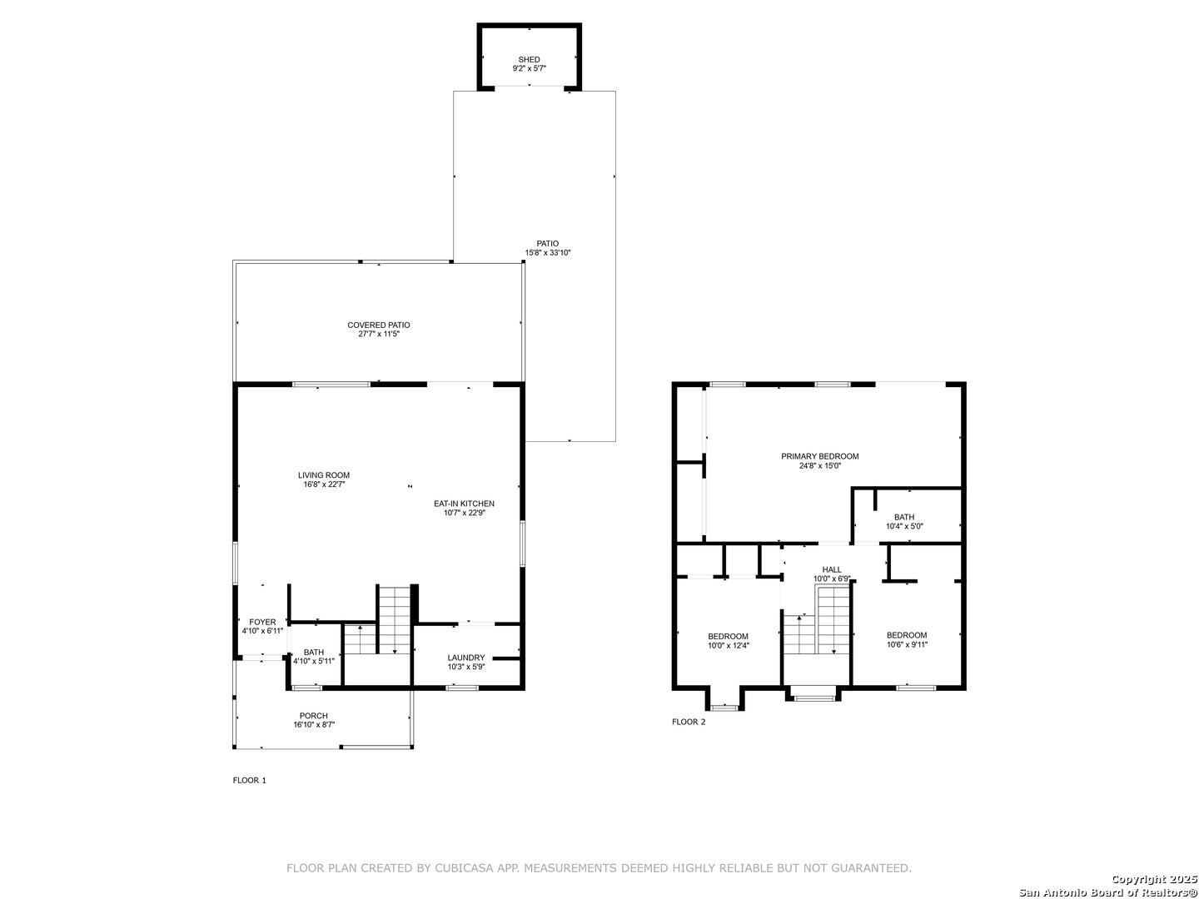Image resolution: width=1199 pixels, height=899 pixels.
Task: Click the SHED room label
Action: pyautogui.click(x=529, y=59)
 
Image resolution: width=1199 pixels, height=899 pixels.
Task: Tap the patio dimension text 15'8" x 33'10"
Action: pyautogui.click(x=547, y=253)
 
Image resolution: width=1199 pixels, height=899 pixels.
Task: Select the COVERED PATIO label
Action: pyautogui.click(x=379, y=325)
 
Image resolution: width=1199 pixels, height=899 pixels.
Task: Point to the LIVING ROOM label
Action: pyautogui.click(x=324, y=474)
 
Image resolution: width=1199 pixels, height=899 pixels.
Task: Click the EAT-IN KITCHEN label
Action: pyautogui.click(x=465, y=504)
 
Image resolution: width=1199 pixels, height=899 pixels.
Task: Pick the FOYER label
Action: pyautogui.click(x=263, y=622)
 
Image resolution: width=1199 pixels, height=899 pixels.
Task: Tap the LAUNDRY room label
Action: pyautogui.click(x=466, y=658)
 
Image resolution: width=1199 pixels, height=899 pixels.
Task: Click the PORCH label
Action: pyautogui.click(x=314, y=716)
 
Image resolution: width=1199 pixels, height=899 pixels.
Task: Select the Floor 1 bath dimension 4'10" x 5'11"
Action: pyautogui.click(x=314, y=661)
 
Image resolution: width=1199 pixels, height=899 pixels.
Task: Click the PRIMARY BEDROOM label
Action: pyautogui.click(x=819, y=456)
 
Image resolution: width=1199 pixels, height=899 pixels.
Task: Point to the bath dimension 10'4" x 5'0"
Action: pyautogui.click(x=904, y=526)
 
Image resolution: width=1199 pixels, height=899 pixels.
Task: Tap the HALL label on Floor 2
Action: pyautogui.click(x=831, y=569)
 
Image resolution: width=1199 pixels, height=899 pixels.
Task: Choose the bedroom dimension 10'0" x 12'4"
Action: pyautogui.click(x=728, y=645)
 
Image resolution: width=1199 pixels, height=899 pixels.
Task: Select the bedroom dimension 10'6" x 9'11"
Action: pyautogui.click(x=907, y=644)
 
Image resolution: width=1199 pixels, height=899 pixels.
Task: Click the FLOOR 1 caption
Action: pyautogui.click(x=250, y=780)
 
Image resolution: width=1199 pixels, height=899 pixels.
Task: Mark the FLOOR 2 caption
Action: pyautogui.click(x=689, y=722)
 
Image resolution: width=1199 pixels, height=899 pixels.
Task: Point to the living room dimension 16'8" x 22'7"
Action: pyautogui.click(x=324, y=484)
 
